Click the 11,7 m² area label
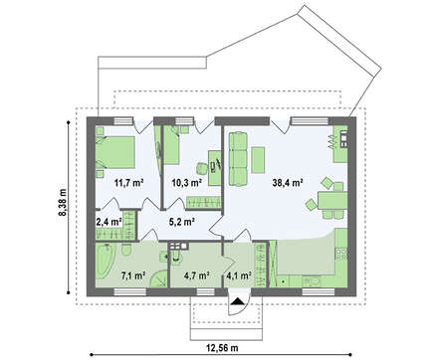tap(128, 182)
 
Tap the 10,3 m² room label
tap(187, 182)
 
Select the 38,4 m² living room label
tap(288, 182)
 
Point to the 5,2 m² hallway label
tap(181, 222)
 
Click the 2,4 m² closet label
tap(109, 222)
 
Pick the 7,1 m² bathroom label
tap(133, 275)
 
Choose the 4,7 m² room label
tap(196, 275)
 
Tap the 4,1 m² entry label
tap(239, 275)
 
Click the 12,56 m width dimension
tap(222, 348)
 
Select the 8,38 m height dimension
tap(63, 203)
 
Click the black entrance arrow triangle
tap(237, 301)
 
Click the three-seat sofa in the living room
tap(238, 158)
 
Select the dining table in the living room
tap(332, 200)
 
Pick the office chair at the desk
tap(201, 168)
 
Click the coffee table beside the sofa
tap(258, 160)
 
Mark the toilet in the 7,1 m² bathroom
tap(125, 250)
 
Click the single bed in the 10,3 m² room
tap(172, 146)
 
